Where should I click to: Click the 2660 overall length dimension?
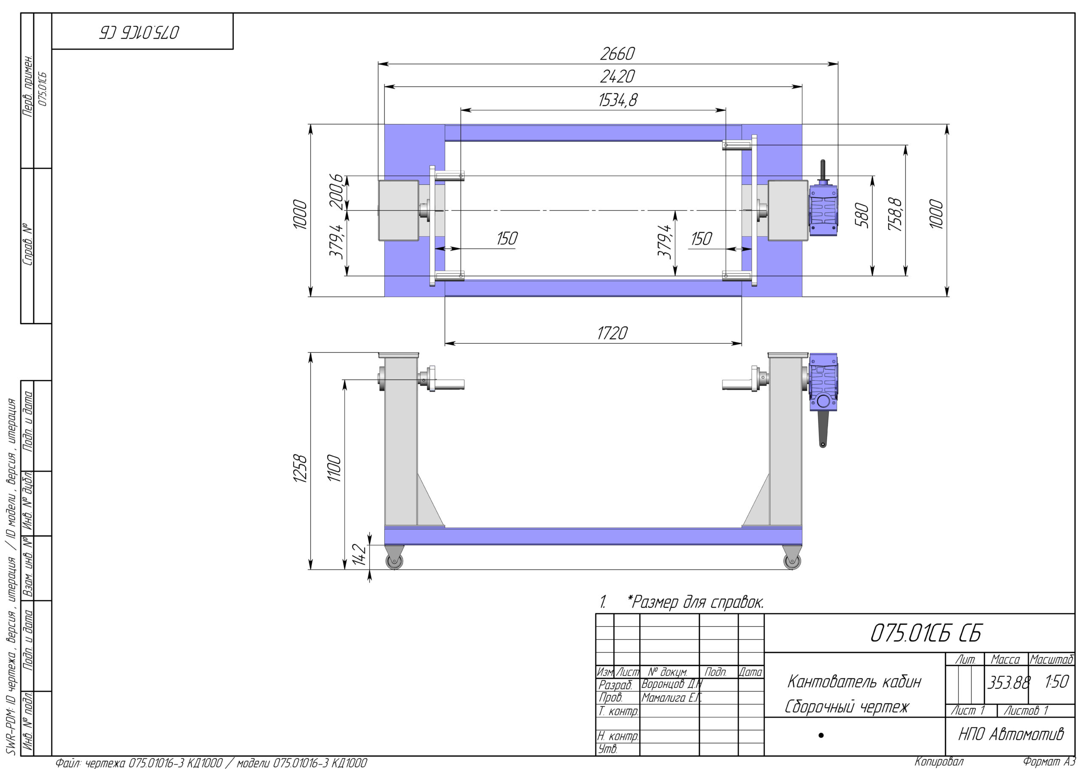tap(617, 54)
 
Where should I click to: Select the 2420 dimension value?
tap(617, 77)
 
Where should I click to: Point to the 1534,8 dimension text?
tap(618, 100)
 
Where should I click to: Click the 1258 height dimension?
tap(300, 469)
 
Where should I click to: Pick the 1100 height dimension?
tap(334, 468)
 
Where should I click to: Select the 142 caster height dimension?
tap(359, 555)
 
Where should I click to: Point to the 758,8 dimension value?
tap(895, 214)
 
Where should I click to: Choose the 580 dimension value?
tap(862, 215)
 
